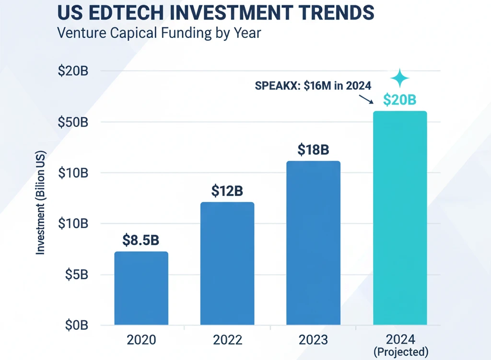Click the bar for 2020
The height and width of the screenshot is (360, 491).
pos(141,288)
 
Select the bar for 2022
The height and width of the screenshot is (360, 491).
pos(227,263)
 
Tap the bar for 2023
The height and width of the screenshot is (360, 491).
pos(313,243)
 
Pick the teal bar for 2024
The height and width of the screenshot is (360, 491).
pos(399,218)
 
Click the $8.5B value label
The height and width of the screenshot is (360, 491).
pos(140,240)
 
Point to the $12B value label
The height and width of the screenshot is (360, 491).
pos(227,191)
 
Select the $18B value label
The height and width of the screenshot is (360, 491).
pos(313,150)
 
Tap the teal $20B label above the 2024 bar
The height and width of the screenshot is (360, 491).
pos(399,100)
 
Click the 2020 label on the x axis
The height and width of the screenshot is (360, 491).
pos(141,340)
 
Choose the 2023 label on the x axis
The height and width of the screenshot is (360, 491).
pos(313,340)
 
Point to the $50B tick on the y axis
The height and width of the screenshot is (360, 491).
pos(73,122)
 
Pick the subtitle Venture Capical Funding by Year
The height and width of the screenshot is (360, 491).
pos(159,34)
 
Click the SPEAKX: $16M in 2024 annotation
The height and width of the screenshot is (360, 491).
pos(314,86)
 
